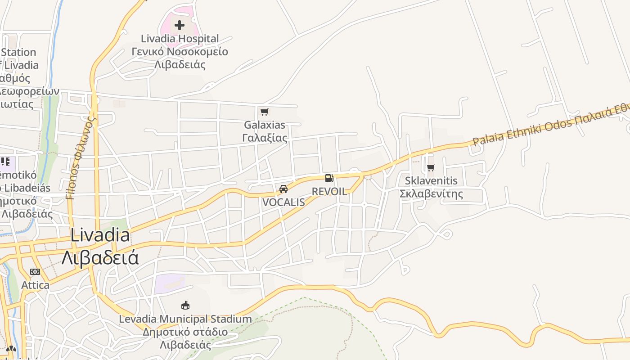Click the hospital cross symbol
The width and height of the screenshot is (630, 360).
click(180, 25)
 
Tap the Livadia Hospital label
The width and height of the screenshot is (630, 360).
click(180, 39)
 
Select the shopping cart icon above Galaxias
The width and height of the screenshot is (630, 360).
click(264, 112)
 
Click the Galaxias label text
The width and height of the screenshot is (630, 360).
click(265, 125)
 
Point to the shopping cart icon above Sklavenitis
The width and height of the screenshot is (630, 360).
click(431, 168)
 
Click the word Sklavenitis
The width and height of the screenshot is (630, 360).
click(431, 181)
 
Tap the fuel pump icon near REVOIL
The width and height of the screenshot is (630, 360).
click(329, 178)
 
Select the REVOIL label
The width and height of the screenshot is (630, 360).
click(329, 191)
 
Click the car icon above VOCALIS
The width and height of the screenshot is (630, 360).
click(283, 189)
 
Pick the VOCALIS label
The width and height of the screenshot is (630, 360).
click(283, 202)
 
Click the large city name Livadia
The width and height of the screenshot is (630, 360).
click(100, 235)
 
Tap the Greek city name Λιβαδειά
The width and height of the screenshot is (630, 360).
click(99, 258)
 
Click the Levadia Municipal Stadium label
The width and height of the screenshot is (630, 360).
click(185, 319)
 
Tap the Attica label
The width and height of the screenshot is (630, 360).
click(36, 285)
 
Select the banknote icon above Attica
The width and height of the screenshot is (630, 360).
click(35, 272)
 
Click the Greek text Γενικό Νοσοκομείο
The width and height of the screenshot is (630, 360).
click(180, 51)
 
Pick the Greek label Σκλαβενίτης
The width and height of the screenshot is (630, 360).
click(431, 194)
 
